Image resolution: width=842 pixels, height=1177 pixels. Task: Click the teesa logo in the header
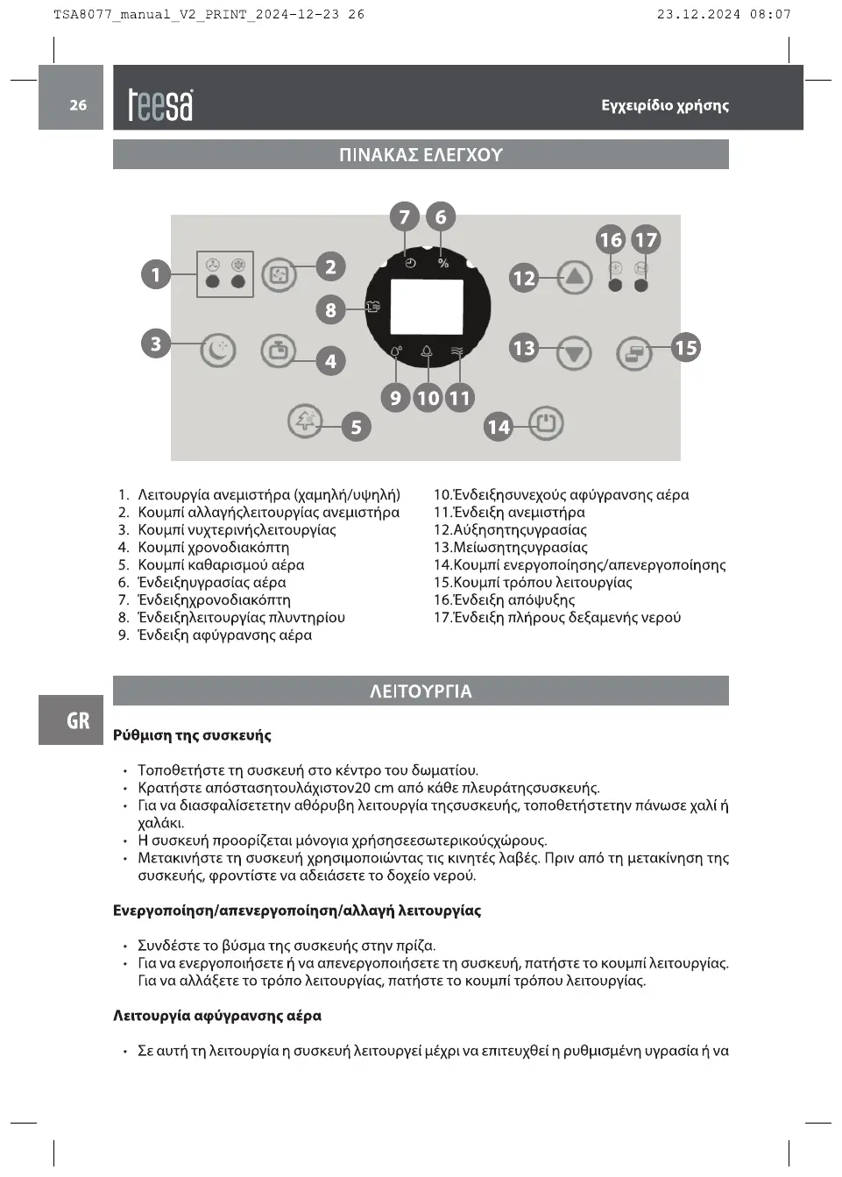[160, 105]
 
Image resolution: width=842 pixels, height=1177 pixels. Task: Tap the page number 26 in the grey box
[78, 105]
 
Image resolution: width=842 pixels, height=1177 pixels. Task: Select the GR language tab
[78, 720]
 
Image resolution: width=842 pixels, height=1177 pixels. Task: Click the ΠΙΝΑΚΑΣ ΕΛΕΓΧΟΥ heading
[421, 155]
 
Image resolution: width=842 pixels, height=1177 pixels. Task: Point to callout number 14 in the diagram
[499, 427]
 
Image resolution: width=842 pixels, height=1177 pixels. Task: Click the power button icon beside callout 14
[546, 424]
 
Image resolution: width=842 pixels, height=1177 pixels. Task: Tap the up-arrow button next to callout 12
[574, 277]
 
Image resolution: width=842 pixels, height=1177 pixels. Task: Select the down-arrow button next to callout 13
[574, 353]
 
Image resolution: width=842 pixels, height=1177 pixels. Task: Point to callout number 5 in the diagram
[356, 427]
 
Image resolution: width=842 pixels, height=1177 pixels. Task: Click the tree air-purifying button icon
[305, 421]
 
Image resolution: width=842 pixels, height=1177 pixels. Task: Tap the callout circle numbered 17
[646, 240]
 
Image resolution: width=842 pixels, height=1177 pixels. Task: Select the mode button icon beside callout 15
[634, 354]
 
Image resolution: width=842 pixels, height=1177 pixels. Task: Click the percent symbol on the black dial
[443, 264]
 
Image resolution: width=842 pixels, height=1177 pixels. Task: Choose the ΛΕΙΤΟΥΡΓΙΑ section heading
[421, 691]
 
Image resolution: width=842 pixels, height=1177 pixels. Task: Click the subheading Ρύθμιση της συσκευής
[192, 735]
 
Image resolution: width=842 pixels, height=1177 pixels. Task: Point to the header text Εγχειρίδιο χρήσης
[665, 106]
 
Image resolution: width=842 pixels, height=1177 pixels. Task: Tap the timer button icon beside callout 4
[279, 351]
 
